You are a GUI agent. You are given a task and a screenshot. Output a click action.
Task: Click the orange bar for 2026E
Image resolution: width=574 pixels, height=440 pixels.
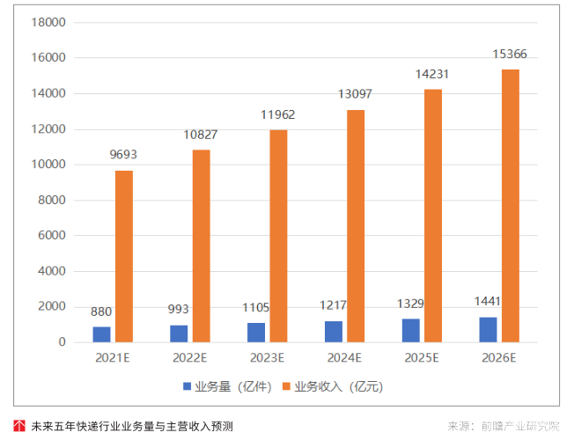[511, 205]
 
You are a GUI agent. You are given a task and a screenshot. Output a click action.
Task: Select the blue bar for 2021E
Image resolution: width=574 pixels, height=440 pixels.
[102, 334]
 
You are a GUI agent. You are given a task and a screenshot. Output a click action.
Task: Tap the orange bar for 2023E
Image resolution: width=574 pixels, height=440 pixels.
[278, 235]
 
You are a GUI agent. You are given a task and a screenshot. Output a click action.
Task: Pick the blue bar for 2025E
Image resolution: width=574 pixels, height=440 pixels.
[411, 330]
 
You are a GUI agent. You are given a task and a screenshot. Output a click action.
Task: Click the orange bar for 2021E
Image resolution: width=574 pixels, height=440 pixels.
[124, 255]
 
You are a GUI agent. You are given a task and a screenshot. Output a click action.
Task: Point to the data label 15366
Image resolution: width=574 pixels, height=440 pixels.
[511, 55]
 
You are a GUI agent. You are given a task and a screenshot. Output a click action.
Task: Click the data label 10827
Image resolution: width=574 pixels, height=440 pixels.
[201, 135]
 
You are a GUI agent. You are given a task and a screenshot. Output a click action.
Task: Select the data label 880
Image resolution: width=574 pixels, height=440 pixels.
[101, 312]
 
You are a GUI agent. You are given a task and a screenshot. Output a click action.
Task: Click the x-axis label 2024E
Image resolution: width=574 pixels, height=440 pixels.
[344, 358]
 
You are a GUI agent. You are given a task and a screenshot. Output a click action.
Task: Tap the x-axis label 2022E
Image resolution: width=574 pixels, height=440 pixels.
[189, 358]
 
